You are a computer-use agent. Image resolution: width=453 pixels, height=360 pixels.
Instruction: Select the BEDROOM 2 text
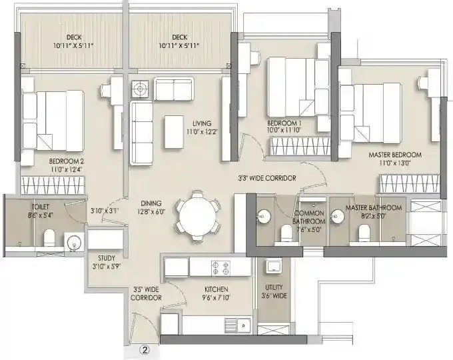point(65,161)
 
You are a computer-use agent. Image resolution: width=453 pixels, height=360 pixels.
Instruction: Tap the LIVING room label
point(203,123)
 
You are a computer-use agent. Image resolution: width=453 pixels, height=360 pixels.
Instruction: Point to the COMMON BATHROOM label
point(309,217)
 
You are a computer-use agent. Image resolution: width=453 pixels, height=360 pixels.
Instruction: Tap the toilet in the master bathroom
point(363,231)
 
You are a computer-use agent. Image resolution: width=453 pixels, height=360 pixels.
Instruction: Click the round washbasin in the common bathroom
point(262,215)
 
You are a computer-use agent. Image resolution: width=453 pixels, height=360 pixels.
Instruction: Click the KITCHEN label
point(217,289)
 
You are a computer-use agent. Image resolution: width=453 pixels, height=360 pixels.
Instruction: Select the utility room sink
point(272,267)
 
